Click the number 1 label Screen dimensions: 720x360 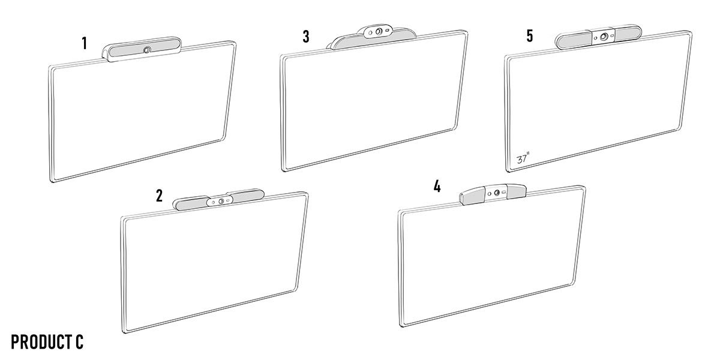click(x=85, y=43)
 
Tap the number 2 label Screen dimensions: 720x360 click(x=159, y=196)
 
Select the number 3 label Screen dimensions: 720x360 click(x=306, y=37)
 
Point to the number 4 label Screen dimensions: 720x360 click(x=437, y=186)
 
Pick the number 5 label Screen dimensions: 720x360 click(x=530, y=35)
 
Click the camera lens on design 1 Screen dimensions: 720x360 click(x=147, y=50)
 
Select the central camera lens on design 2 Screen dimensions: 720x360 click(x=221, y=201)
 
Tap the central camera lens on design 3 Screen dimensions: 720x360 click(x=379, y=31)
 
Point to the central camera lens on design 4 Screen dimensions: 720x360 click(x=497, y=193)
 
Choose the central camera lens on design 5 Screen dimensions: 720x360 click(x=604, y=37)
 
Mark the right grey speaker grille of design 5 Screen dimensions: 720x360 click(x=628, y=33)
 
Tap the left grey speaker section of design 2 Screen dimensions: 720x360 click(x=192, y=204)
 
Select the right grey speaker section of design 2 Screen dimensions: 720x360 click(x=247, y=195)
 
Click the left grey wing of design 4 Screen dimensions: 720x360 click(x=473, y=196)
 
